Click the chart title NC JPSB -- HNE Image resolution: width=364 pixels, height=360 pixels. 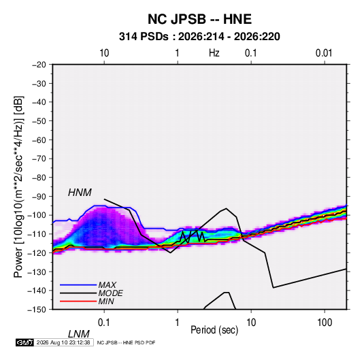(x=199, y=19)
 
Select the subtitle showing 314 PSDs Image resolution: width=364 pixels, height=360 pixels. (x=199, y=37)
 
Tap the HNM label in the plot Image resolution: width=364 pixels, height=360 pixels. (x=80, y=193)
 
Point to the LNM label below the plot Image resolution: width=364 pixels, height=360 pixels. (x=79, y=334)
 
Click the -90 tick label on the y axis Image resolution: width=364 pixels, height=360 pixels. (x=39, y=197)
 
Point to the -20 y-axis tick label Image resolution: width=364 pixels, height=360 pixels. (x=39, y=65)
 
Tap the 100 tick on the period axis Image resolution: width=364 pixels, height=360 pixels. (x=325, y=323)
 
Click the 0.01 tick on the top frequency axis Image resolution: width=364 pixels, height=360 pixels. (x=324, y=53)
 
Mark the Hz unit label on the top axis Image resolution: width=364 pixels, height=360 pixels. (x=214, y=53)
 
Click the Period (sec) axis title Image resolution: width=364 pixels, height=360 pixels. (x=214, y=330)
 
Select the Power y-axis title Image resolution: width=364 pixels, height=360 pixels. (x=18, y=187)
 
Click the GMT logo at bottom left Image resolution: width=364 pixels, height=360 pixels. (x=24, y=342)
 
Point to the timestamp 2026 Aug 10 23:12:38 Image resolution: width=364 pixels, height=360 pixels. (x=63, y=342)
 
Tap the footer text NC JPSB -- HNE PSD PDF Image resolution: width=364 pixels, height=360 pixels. (x=126, y=342)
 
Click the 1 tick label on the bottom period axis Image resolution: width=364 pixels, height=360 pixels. (x=177, y=323)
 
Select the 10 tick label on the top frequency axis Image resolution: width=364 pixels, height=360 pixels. (x=104, y=53)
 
